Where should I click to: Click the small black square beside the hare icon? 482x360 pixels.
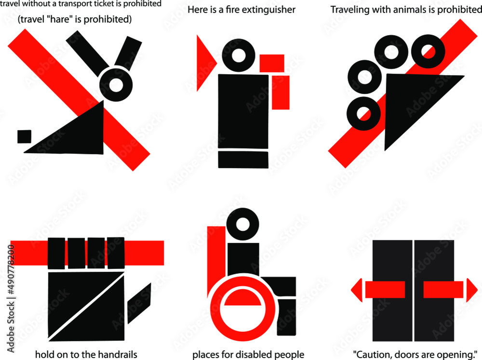(24, 136)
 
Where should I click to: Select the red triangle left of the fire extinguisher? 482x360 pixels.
(204, 63)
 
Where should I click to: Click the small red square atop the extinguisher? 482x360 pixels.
(272, 63)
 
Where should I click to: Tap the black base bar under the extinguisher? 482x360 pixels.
(243, 160)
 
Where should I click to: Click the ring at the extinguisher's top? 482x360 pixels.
(237, 55)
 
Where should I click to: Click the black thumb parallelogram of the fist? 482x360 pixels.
(139, 303)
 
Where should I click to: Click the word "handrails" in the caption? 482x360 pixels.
(114, 355)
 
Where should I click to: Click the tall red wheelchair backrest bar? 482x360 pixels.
(216, 260)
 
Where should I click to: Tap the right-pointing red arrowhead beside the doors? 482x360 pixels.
(471, 290)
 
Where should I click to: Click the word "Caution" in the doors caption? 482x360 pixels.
(373, 355)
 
